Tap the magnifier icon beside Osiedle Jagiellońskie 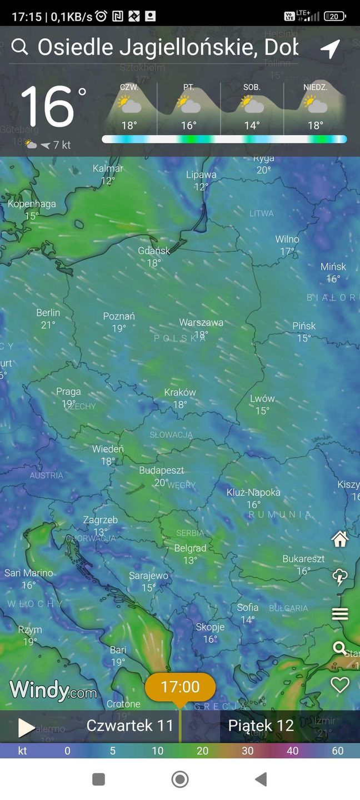point(19,47)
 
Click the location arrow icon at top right point(330,49)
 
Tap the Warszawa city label point(201,322)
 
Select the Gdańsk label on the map point(154,251)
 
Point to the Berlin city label point(48,313)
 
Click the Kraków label point(180,392)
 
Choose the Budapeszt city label point(161,471)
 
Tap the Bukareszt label point(303,559)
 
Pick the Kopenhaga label point(32,204)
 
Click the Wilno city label point(287,239)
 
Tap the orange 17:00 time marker point(180,687)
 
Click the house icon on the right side point(339,539)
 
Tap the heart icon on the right point(339,685)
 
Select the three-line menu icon point(339,614)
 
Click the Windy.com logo point(53,690)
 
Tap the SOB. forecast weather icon point(252,104)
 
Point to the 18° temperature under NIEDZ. point(316,126)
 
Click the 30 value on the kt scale point(248,751)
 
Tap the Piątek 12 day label point(261,726)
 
